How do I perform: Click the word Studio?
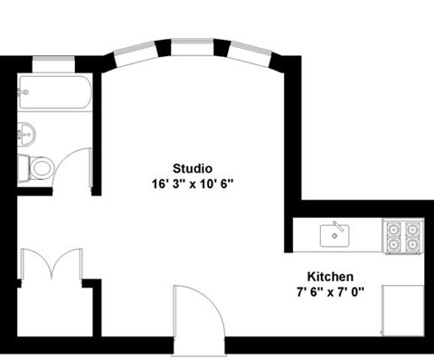pos(193,167)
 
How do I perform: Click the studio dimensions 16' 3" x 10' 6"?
pos(193,183)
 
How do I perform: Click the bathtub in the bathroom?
pos(53,94)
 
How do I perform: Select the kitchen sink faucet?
pos(336,225)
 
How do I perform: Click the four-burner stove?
pos(402,236)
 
